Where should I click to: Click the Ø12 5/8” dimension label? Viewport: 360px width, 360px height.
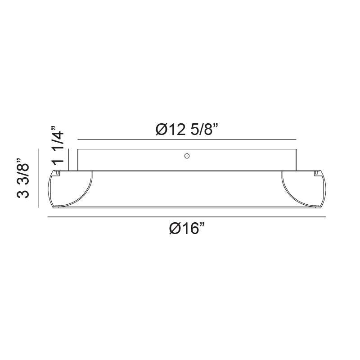point(187,129)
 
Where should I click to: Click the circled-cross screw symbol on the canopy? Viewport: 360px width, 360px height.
point(187,156)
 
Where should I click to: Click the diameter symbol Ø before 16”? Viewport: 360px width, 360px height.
point(175,229)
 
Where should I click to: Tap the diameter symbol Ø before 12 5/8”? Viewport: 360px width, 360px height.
point(162,129)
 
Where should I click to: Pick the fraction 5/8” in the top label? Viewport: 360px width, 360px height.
point(204,129)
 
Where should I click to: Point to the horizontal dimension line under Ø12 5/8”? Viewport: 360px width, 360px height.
point(187,139)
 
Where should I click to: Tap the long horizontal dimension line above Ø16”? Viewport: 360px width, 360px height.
point(187,217)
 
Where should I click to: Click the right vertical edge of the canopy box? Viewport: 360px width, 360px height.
point(296,160)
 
